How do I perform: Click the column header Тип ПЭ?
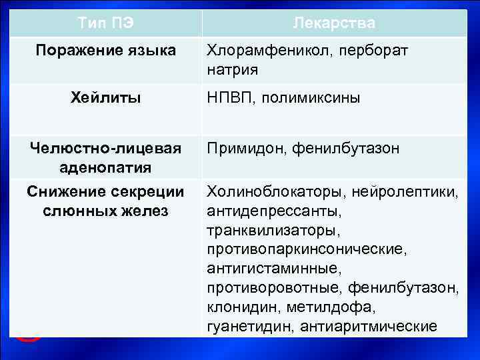(x=105, y=23)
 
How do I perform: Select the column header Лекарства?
(x=334, y=23)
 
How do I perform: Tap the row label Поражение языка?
(x=105, y=51)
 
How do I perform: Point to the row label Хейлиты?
(x=105, y=99)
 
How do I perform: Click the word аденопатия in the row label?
(x=105, y=166)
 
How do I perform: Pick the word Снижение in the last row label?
(x=62, y=193)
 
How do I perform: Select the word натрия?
(x=232, y=69)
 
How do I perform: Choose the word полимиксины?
(x=311, y=99)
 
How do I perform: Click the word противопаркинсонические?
(x=307, y=250)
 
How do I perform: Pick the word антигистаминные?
(x=274, y=269)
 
